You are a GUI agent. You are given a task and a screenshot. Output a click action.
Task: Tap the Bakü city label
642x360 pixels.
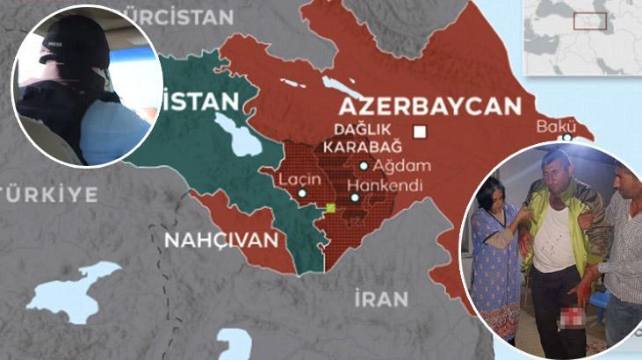point(555,126)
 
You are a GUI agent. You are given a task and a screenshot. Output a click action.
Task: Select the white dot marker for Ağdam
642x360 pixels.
point(364,165)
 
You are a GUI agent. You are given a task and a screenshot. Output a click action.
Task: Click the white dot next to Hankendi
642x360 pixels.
point(355,198)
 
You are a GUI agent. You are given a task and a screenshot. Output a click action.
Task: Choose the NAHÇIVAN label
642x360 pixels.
point(225,239)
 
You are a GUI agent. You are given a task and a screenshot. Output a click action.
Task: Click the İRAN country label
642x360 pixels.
point(381,299)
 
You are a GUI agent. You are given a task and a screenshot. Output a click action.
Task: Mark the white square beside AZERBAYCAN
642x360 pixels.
point(420,132)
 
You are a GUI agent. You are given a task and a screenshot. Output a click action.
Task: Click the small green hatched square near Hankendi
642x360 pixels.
point(330,208)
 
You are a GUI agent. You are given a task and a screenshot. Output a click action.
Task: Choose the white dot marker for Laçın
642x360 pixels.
point(302,193)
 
